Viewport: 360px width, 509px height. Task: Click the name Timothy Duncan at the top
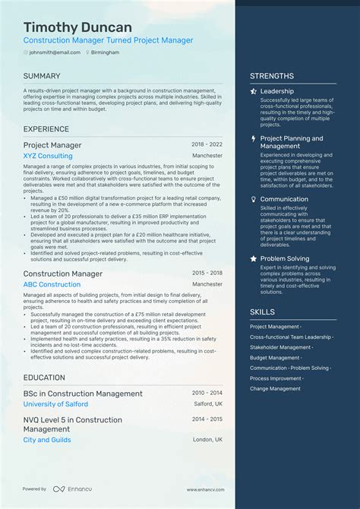coord(77,27)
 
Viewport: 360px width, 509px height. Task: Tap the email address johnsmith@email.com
coord(55,52)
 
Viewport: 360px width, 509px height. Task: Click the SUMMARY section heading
coord(42,76)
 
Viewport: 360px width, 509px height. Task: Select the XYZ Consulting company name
coord(48,156)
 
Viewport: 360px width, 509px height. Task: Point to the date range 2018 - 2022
coord(207,144)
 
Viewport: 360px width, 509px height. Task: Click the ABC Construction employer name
coord(52,284)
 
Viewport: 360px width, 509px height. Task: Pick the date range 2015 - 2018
coord(207,272)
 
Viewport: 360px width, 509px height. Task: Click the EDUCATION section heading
coord(44,378)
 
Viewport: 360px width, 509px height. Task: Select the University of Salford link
coord(55,404)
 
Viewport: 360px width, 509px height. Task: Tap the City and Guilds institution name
coord(46,440)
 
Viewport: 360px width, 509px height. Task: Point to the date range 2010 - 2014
coord(207,393)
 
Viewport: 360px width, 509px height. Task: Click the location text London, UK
coord(207,440)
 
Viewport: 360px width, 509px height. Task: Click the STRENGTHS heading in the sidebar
coord(272,76)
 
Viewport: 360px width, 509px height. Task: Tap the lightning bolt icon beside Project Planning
coord(253,138)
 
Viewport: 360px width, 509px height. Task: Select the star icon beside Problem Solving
coord(253,258)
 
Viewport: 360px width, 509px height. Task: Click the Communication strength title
coord(284,199)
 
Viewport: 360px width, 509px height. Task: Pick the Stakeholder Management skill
coord(280,347)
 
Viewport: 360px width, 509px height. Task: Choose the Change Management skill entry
coord(275,388)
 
